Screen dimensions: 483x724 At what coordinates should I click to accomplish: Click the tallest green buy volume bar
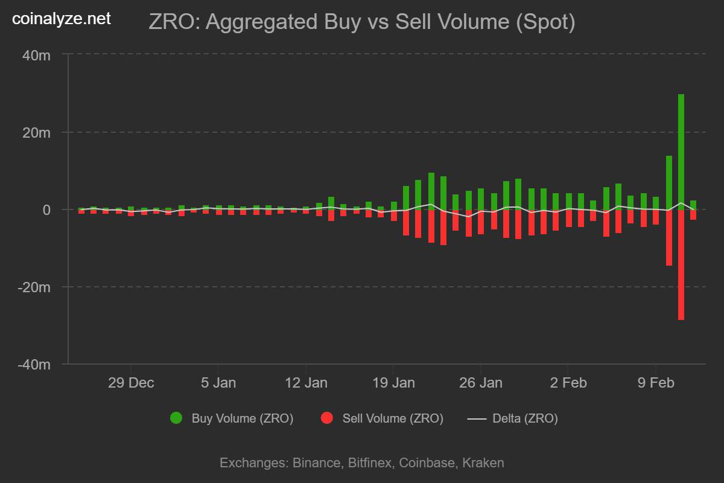click(681, 151)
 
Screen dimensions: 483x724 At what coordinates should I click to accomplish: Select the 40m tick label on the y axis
click(37, 56)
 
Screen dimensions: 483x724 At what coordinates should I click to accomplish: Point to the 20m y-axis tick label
click(37, 133)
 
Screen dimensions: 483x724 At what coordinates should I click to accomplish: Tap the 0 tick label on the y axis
click(46, 210)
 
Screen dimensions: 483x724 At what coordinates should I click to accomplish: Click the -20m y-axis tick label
click(35, 287)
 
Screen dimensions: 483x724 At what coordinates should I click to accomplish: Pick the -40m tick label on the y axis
click(35, 365)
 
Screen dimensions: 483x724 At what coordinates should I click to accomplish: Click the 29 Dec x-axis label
click(131, 383)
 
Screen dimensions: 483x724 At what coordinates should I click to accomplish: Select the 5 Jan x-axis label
click(218, 383)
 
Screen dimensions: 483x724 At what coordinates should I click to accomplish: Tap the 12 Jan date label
click(306, 383)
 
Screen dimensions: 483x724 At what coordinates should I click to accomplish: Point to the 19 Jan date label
click(393, 383)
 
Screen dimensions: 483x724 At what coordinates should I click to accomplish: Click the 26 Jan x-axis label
click(481, 383)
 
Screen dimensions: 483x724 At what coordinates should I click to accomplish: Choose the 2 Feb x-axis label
click(568, 383)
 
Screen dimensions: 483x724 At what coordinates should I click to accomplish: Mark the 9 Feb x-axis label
click(655, 383)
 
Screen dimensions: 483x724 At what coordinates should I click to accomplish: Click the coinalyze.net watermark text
click(62, 19)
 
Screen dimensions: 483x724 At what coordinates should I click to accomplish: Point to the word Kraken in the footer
click(483, 463)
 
